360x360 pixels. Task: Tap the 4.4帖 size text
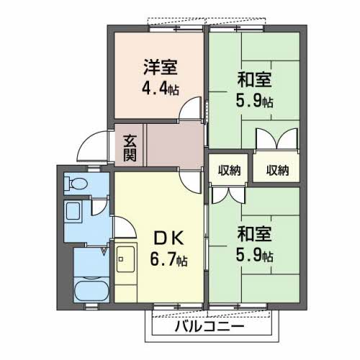(x=161, y=90)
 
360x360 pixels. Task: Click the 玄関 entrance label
(x=130, y=146)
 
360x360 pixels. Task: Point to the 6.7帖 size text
(x=168, y=259)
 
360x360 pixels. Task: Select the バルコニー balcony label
(x=208, y=327)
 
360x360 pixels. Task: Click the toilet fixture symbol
(x=76, y=184)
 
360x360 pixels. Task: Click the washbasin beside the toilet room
(x=75, y=212)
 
